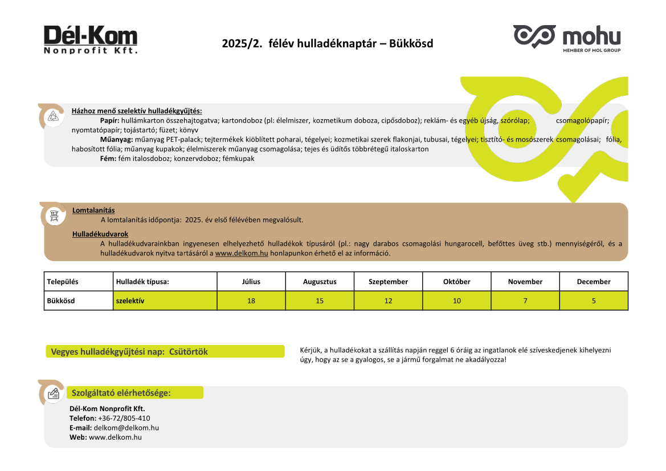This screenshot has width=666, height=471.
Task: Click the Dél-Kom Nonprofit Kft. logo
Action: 91,39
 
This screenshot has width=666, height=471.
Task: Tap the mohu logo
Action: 566,38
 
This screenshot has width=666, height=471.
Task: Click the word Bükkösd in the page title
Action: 411,43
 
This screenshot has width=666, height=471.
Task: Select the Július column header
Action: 251,282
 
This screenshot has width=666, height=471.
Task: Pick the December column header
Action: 594,282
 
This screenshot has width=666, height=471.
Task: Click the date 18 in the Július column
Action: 251,301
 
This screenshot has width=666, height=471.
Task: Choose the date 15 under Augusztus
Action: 320,301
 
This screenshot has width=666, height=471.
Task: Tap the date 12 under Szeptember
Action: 388,301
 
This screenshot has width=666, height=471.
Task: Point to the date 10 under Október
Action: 457,301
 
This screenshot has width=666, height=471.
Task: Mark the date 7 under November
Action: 525,301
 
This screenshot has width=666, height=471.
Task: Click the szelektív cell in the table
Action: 129,301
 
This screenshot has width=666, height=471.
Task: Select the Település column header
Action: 63,282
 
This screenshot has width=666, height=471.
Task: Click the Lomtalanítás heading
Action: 93,210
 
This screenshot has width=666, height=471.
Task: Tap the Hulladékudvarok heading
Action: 100,234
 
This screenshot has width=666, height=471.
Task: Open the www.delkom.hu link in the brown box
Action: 242,253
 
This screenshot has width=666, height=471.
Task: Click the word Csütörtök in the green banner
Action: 188,352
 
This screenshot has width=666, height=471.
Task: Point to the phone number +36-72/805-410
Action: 124,418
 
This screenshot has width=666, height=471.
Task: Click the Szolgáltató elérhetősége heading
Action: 121,393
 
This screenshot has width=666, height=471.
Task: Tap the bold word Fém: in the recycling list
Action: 108,159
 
